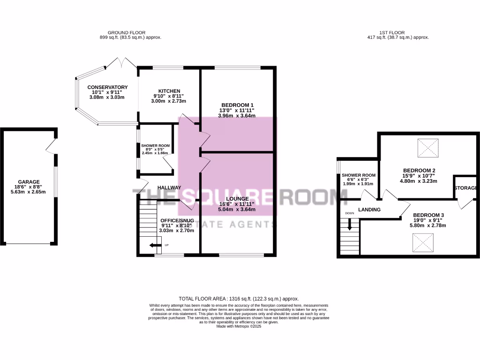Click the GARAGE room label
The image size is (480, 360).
pyautogui.click(x=29, y=182)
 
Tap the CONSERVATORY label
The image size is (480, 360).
pyautogui.click(x=107, y=87)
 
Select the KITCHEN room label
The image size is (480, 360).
pyautogui.click(x=169, y=91)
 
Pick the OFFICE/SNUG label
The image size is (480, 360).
pyautogui.click(x=177, y=220)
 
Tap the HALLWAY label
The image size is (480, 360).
pyautogui.click(x=169, y=187)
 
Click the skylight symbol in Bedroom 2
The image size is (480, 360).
pyautogui.click(x=427, y=148)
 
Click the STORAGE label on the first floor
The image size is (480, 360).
pyautogui.click(x=465, y=188)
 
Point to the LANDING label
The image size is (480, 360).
pyautogui.click(x=369, y=210)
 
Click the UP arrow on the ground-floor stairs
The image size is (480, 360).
pyautogui.click(x=154, y=245)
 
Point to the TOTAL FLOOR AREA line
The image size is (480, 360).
pyautogui.click(x=239, y=299)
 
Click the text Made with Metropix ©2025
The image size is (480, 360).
pyautogui.click(x=239, y=326)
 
